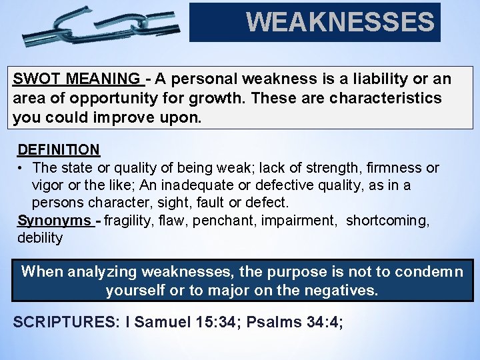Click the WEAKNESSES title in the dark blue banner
(340, 23)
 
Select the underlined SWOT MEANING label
(77, 79)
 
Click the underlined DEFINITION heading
(59, 149)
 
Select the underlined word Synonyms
(55, 221)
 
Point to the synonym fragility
(131, 221)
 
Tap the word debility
(39, 238)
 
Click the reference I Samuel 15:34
(181, 321)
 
